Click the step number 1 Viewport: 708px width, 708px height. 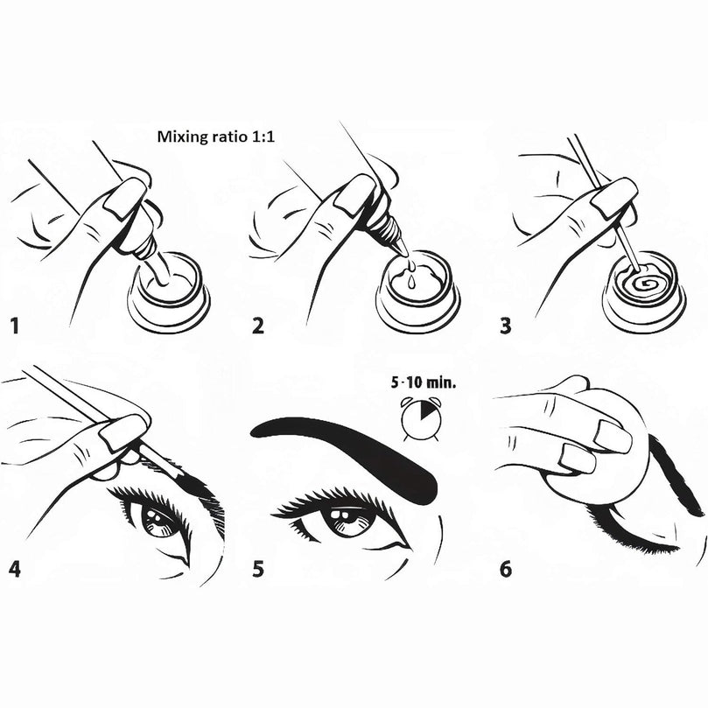(15, 326)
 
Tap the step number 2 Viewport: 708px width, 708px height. (258, 326)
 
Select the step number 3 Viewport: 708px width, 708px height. (506, 326)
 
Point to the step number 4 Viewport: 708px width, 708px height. (15, 569)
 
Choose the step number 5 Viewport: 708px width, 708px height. (258, 569)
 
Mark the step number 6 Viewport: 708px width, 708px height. (506, 569)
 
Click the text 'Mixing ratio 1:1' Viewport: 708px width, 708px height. (216, 137)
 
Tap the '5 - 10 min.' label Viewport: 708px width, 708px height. (424, 383)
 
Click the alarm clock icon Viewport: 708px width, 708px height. (420, 418)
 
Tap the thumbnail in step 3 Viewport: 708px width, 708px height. (614, 195)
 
